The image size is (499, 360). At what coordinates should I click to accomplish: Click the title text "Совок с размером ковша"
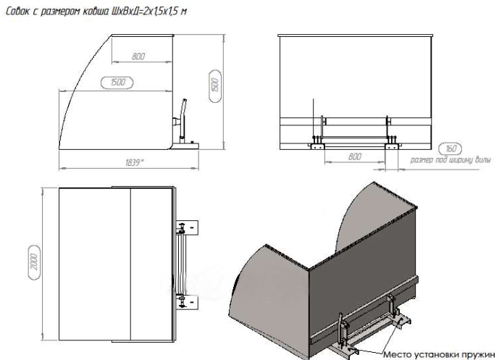pyautogui.click(x=57, y=12)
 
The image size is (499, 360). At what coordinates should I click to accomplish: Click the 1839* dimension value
pyautogui.click(x=134, y=163)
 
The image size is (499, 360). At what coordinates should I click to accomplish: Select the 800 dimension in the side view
pyautogui.click(x=138, y=56)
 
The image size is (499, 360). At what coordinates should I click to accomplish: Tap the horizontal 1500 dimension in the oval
pyautogui.click(x=117, y=83)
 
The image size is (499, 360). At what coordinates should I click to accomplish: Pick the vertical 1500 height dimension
pyautogui.click(x=215, y=85)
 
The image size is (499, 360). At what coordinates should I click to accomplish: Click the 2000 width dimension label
pyautogui.click(x=34, y=262)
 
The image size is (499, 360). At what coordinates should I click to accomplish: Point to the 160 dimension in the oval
pyautogui.click(x=450, y=148)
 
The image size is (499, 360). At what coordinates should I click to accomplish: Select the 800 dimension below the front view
pyautogui.click(x=355, y=156)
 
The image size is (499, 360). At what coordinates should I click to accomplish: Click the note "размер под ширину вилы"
pyautogui.click(x=450, y=160)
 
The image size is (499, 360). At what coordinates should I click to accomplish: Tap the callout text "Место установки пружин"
pyautogui.click(x=439, y=355)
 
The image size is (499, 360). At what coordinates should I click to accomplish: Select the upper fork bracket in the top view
pyautogui.click(x=188, y=227)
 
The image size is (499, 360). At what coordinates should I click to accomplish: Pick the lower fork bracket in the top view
pyautogui.click(x=188, y=302)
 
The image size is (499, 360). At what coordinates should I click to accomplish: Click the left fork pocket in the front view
pyautogui.click(x=317, y=146)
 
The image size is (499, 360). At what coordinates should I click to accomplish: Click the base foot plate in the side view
pyautogui.click(x=186, y=146)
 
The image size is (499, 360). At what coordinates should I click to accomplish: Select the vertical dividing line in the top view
pyautogui.click(x=131, y=264)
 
